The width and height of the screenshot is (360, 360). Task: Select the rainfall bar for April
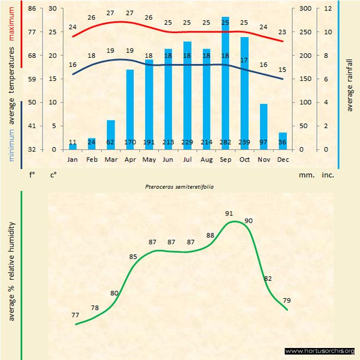tap(130, 109)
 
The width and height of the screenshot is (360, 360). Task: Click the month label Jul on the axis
tap(187, 160)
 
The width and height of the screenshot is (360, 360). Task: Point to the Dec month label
tap(283, 160)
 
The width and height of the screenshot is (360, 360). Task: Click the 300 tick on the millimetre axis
tap(305, 8)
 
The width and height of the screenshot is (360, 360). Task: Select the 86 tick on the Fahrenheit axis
tap(32, 8)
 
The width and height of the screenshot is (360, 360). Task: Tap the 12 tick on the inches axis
tap(327, 8)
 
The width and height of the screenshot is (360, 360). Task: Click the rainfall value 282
tap(225, 143)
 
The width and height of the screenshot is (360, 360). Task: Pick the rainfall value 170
tap(130, 143)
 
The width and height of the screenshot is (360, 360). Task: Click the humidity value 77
tap(75, 315)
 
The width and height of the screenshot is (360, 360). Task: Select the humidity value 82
tap(267, 278)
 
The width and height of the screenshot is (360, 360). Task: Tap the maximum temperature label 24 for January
tap(73, 27)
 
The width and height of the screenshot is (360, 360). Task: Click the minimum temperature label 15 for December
tap(281, 70)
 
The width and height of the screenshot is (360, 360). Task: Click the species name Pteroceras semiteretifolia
tap(179, 187)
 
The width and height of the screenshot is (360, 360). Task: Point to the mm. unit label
tap(305, 176)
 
